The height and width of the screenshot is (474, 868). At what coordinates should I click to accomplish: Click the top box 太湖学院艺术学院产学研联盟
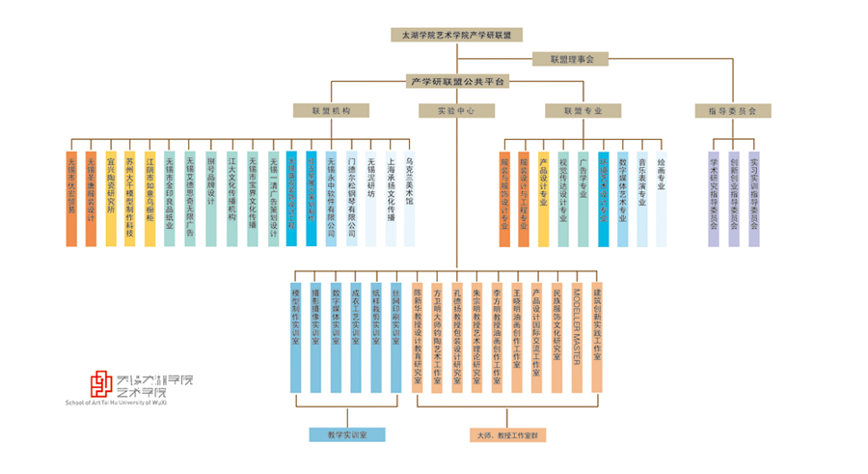[456, 35]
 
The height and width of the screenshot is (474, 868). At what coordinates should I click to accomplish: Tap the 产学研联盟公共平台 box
[456, 81]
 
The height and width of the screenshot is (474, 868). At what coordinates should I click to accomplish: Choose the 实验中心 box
[456, 111]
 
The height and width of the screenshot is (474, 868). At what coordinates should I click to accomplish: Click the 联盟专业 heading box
[583, 111]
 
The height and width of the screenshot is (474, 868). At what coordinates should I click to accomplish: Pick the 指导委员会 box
[732, 111]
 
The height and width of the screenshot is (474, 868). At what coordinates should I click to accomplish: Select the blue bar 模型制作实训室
[296, 333]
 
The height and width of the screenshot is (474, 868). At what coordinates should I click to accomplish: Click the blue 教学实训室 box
[347, 435]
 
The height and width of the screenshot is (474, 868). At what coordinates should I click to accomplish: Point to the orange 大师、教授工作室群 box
[509, 435]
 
